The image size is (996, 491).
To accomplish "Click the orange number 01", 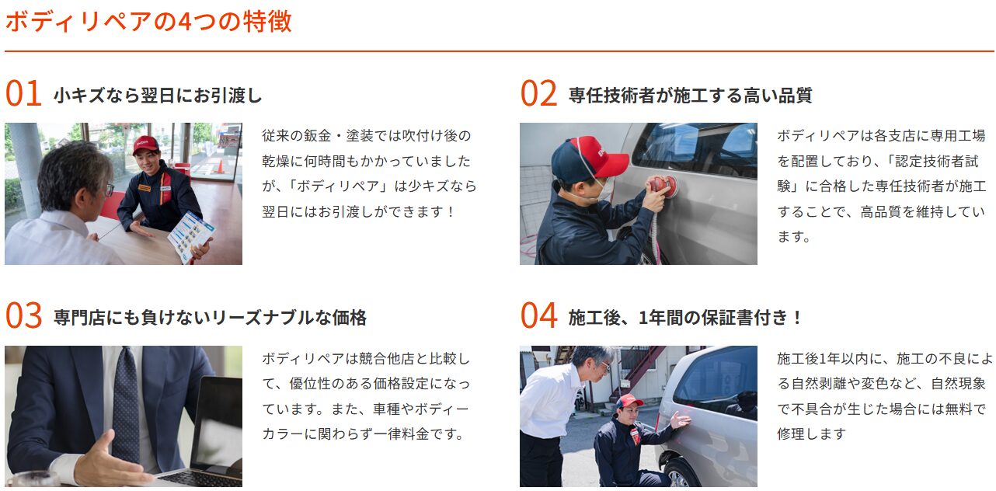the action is tap(23, 93).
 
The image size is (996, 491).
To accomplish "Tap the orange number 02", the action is tap(538, 93).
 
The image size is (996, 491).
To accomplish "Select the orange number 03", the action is tap(23, 315).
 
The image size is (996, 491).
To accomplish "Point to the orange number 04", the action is tap(538, 315).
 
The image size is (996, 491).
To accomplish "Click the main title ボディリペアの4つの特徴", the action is tap(148, 21).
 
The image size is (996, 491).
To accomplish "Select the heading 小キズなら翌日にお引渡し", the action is tap(158, 96).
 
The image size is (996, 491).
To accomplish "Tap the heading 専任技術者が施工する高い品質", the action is tap(691, 96).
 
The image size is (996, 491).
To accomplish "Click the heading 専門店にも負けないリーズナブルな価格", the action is tap(210, 318).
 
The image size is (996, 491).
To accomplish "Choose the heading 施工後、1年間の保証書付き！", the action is tap(684, 318).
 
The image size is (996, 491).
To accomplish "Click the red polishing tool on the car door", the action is tap(663, 186).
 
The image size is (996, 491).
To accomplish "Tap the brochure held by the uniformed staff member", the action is tap(191, 235).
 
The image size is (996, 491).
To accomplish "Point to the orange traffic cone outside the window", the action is tap(220, 166).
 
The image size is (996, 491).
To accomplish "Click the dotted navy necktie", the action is tap(127, 405).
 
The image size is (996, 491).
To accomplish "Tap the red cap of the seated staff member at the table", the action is tap(145, 145).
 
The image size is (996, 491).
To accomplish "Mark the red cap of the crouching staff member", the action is tap(629, 401).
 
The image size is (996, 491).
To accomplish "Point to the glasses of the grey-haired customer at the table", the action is tap(109, 190).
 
